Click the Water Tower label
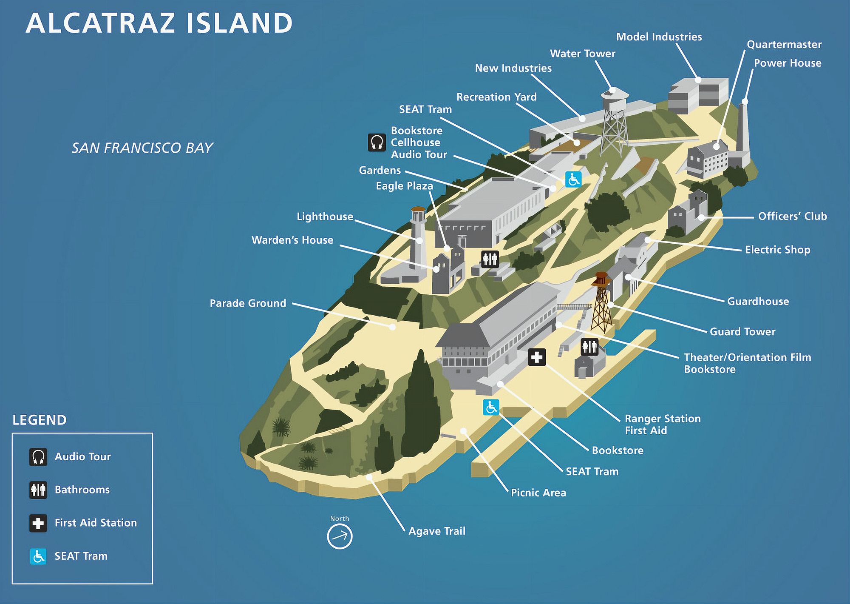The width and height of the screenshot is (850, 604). (582, 54)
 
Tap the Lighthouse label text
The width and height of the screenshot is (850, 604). (325, 217)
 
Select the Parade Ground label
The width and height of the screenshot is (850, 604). (248, 303)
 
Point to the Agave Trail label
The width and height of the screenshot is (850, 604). (436, 531)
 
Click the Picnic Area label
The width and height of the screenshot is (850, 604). (538, 493)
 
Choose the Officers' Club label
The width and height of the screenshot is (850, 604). (792, 216)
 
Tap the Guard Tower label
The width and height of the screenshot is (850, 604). (742, 331)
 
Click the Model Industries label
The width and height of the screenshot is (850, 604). (659, 37)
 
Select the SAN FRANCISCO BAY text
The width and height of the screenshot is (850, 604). (142, 148)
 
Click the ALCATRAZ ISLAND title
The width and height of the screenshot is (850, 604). (159, 23)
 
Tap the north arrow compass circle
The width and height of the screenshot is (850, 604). (340, 536)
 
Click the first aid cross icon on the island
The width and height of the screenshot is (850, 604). (537, 357)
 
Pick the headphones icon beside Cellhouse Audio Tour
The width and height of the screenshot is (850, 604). (377, 142)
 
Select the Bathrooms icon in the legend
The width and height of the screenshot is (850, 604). (38, 490)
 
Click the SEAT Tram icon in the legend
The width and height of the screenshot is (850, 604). (38, 556)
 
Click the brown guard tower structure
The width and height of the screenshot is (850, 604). (601, 302)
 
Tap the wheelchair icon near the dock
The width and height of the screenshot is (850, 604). (491, 407)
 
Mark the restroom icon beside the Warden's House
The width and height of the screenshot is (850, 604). (490, 259)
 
